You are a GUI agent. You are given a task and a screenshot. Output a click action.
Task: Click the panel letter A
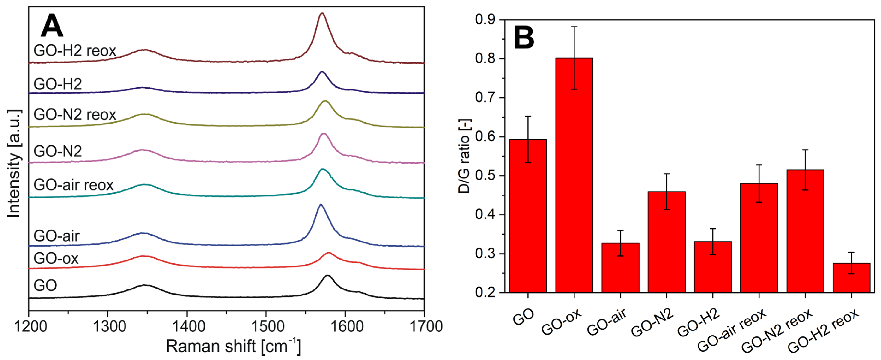point(52,26)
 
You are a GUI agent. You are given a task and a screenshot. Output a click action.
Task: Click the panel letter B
point(524,38)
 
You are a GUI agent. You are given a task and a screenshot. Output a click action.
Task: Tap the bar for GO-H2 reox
point(851,278)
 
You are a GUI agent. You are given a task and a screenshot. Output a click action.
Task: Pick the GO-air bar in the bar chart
point(620,268)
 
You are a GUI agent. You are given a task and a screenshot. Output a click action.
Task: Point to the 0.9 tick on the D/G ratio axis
point(485,20)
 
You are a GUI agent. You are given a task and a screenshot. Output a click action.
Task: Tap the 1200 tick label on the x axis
point(30,327)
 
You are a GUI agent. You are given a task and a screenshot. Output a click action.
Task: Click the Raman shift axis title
point(233,346)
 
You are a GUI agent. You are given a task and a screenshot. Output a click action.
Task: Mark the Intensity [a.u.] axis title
point(14,163)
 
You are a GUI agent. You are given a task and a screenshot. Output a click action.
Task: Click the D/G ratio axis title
point(464,156)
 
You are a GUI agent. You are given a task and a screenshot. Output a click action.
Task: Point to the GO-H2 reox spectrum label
point(74,51)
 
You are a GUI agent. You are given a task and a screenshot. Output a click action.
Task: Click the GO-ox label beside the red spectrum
point(56,258)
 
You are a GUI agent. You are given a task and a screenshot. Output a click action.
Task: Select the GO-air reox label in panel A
point(74,185)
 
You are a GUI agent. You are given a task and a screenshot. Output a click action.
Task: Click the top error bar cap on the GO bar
point(528,117)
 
